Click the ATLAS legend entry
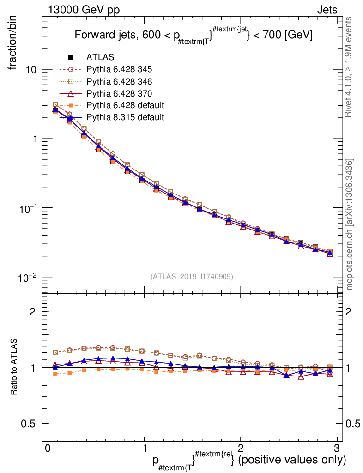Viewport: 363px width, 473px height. click(100, 57)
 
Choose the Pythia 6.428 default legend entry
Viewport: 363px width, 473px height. click(125, 105)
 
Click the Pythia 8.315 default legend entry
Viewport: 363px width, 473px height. click(125, 117)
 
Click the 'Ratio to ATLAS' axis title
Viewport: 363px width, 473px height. click(15, 367)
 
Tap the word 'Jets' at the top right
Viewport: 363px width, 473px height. click(327, 10)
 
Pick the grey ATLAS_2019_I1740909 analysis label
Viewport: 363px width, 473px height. click(192, 276)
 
